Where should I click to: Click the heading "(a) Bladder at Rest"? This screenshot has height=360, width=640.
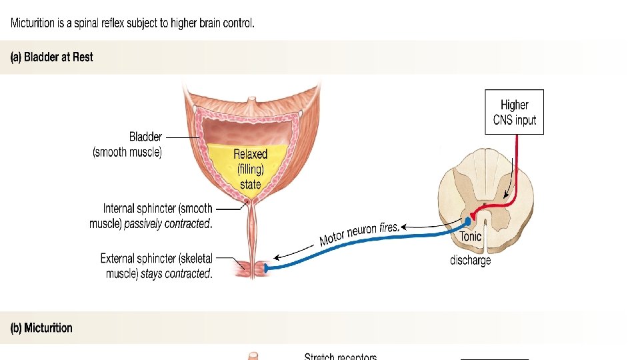51,57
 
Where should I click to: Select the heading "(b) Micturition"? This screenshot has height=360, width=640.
41,328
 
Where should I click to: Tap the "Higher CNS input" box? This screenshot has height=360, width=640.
514,112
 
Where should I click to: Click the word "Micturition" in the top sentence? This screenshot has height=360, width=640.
33,23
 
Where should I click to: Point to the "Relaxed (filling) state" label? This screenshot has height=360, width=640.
250,169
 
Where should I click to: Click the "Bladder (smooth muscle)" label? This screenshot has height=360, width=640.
127,145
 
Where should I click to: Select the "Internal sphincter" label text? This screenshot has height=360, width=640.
157,209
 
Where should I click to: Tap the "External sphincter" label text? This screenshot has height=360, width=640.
156,259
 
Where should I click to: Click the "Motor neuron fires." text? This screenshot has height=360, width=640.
359,233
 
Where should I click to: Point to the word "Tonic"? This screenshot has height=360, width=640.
471,236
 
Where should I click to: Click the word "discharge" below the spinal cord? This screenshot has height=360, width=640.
470,260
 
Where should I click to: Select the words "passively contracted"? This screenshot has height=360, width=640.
167,224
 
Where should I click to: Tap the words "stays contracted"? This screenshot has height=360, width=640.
176,274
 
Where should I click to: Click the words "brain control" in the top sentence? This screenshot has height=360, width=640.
225,23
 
